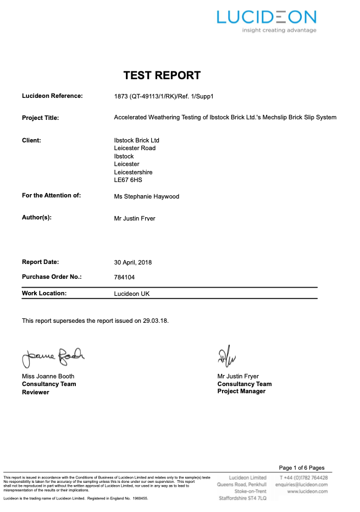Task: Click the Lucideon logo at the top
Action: [x=266, y=17]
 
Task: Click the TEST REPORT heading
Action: [x=162, y=75]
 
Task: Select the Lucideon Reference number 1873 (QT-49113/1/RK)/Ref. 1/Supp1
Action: [x=163, y=96]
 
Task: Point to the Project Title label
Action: [x=40, y=118]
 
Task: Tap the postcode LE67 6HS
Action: [x=128, y=180]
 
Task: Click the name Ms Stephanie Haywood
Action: [x=146, y=196]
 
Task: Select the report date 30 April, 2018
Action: [x=132, y=262]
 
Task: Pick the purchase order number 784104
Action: [x=124, y=278]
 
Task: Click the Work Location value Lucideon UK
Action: [x=131, y=294]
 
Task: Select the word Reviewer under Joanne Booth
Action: [x=35, y=392]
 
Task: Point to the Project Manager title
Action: [x=241, y=391]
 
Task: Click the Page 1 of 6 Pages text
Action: [x=302, y=468]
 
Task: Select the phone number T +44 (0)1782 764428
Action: [x=303, y=477]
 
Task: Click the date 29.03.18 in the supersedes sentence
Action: [x=156, y=320]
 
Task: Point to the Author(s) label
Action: [x=37, y=218]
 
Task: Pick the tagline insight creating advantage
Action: [x=279, y=30]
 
